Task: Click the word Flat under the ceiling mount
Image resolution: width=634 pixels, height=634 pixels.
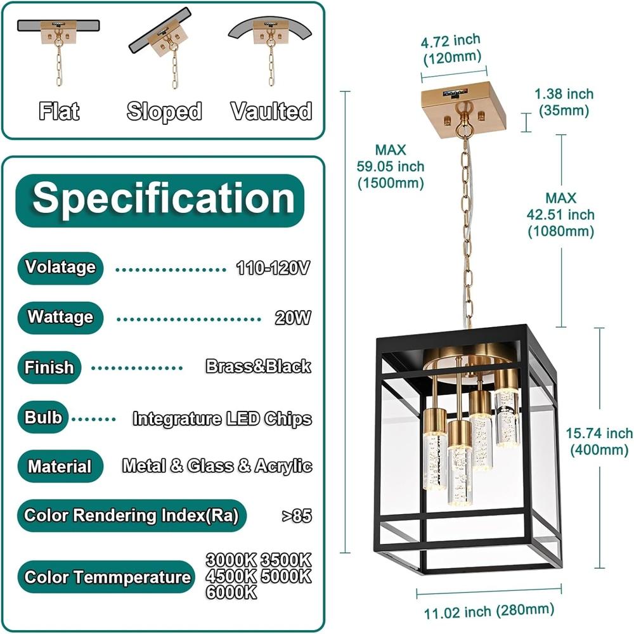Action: point(59,111)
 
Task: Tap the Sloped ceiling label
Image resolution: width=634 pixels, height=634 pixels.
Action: point(164,111)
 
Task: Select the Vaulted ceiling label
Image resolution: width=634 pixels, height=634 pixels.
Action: point(271,111)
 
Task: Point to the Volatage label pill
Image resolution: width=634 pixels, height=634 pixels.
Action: point(60,268)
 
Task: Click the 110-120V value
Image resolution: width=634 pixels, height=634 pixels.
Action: point(273,268)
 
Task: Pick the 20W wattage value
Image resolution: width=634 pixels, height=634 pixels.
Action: point(293,318)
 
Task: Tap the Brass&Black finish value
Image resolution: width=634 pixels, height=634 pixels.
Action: point(259,366)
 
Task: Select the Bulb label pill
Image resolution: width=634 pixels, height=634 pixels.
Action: point(43,417)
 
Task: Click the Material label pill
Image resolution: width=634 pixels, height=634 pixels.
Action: point(60,466)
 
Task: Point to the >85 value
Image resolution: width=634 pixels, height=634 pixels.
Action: point(297,516)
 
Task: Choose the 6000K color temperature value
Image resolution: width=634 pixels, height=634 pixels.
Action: point(231,592)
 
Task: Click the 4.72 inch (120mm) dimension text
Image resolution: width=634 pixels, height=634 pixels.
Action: point(451,49)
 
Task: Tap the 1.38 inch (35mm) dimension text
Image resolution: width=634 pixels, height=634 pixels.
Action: point(564,102)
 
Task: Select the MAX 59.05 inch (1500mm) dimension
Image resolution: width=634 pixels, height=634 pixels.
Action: point(391,166)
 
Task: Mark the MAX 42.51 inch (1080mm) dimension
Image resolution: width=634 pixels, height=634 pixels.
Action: point(561,215)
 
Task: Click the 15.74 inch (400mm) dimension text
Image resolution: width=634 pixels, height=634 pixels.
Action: point(599,441)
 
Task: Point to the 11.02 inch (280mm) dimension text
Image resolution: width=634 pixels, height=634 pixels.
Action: point(489,611)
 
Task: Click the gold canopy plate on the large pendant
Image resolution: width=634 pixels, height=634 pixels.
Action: point(463,108)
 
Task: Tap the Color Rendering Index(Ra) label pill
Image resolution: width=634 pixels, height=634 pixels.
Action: point(132,515)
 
